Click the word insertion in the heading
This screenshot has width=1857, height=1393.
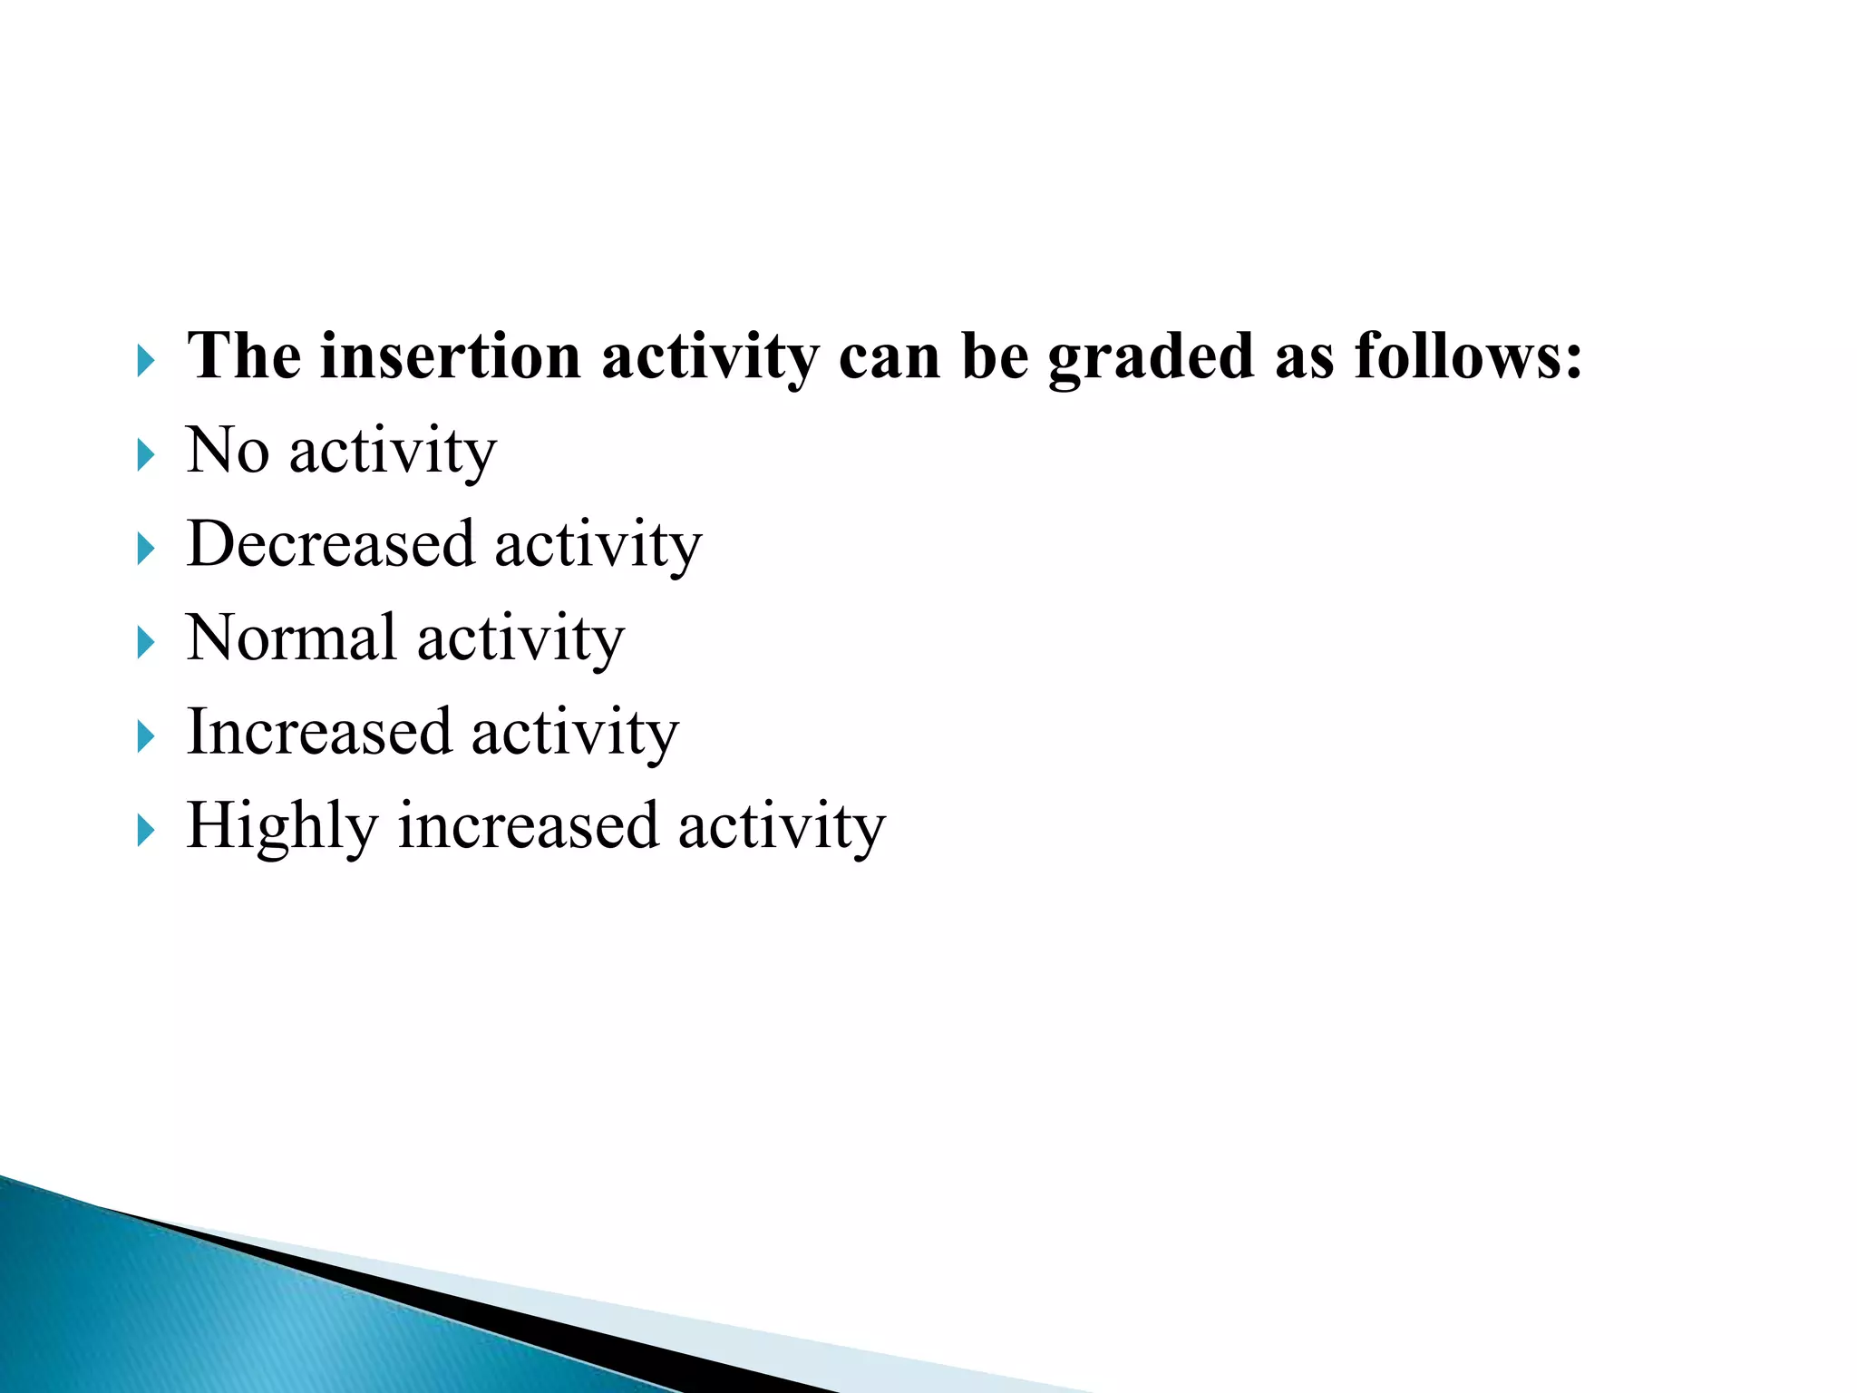tap(450, 356)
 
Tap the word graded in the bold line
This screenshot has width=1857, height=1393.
tap(1151, 356)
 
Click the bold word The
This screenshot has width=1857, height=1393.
tap(243, 356)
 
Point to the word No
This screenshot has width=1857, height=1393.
tap(228, 451)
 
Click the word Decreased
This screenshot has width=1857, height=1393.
tap(330, 544)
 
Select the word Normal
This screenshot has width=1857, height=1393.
tap(291, 638)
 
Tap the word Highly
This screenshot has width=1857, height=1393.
tap(281, 827)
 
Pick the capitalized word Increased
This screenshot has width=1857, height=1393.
tap(318, 732)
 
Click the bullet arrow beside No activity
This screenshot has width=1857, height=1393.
tap(145, 453)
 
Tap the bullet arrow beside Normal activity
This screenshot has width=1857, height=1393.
tap(145, 642)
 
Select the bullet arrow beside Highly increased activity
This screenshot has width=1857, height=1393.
tap(145, 830)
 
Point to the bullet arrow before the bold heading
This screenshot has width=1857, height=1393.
tap(145, 361)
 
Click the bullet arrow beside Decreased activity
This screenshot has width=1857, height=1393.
tap(145, 548)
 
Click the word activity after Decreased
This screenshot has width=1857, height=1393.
tap(598, 546)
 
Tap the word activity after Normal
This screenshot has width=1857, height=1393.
tap(520, 639)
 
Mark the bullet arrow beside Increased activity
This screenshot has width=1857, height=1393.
tap(145, 735)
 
